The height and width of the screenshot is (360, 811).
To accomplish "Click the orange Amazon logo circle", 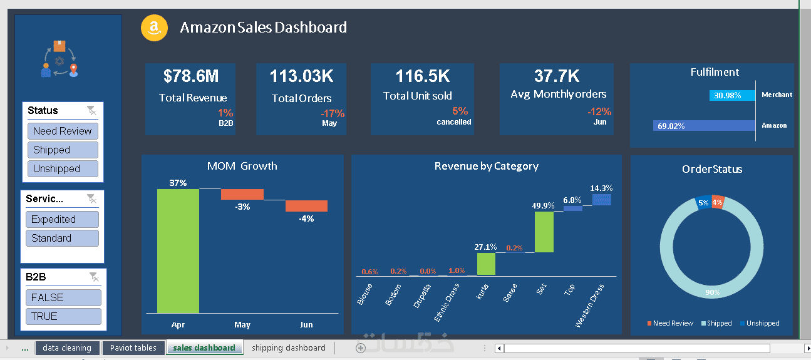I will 154,28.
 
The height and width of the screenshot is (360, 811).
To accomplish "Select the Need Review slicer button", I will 63,131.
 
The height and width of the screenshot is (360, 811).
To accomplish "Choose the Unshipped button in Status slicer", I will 63,168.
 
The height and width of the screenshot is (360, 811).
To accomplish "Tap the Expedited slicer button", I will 62,219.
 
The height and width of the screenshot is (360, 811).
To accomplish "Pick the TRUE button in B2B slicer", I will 63,316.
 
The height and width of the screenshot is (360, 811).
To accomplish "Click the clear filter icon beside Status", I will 92,111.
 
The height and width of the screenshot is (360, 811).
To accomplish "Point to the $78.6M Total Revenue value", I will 191,76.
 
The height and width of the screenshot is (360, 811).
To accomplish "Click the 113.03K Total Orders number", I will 302,76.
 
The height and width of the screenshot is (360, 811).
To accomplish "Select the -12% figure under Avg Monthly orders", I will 599,111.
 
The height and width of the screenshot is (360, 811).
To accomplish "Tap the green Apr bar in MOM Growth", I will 178,250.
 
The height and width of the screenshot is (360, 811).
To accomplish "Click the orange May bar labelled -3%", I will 242,194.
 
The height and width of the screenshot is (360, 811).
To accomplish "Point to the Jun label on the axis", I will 307,325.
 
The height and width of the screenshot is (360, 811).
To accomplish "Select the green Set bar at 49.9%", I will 544,232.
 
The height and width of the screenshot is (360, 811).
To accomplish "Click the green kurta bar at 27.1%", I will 486,264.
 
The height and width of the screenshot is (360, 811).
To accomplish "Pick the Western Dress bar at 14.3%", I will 602,199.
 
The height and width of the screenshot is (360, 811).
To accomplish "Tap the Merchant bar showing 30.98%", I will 732,95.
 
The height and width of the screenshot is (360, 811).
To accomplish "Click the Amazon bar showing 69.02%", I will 704,126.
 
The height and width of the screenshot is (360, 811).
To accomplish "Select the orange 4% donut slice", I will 717,202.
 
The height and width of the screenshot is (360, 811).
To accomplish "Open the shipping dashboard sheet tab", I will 289,348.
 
